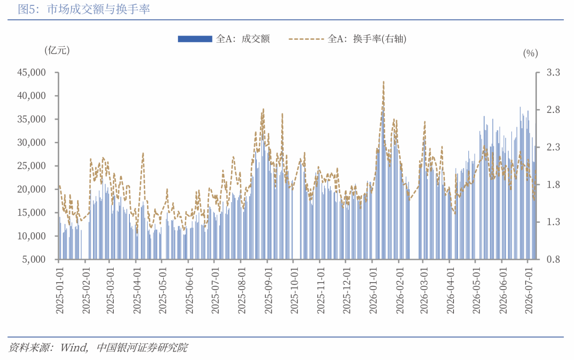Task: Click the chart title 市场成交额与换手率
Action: click(x=98, y=9)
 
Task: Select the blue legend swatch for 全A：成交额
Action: click(x=195, y=39)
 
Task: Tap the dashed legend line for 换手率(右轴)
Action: click(x=306, y=39)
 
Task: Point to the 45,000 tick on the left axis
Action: click(x=31, y=72)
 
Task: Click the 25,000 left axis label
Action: click(x=31, y=166)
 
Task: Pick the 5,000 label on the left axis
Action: click(x=34, y=259)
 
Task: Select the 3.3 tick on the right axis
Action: click(x=553, y=72)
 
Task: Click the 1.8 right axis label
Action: click(x=553, y=185)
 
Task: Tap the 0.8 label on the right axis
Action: click(x=553, y=259)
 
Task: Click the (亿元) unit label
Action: click(x=57, y=50)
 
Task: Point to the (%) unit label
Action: click(x=530, y=54)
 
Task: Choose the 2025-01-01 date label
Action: click(x=60, y=290)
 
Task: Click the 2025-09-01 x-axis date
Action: click(x=268, y=290)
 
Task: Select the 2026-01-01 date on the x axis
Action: click(x=373, y=290)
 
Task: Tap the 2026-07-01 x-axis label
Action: click(x=529, y=290)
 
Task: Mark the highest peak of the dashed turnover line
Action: click(x=383, y=82)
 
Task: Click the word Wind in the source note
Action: click(x=73, y=348)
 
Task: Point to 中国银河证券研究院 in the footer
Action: click(x=142, y=348)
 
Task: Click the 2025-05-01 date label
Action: click(x=163, y=290)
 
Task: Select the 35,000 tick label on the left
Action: click(x=31, y=119)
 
